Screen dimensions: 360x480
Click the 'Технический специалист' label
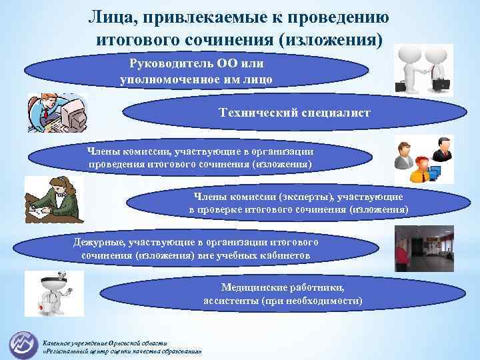click(294, 113)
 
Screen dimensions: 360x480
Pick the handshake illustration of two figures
click(423, 70)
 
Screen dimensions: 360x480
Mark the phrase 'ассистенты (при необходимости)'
click(283, 301)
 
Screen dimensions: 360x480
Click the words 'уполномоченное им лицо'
click(196, 79)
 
